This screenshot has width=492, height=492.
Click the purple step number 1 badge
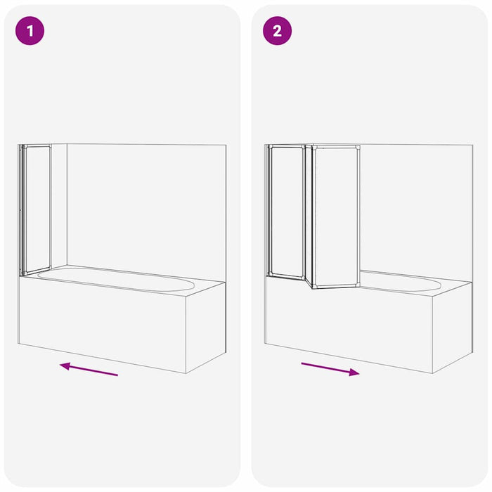(30, 31)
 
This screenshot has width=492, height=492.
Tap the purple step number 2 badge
(277, 31)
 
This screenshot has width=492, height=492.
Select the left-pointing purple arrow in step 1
(89, 369)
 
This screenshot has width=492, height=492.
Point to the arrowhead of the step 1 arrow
(64, 365)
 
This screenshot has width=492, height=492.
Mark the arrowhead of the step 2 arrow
(355, 373)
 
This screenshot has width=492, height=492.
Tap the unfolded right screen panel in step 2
(337, 216)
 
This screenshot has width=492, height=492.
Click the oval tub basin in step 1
(116, 278)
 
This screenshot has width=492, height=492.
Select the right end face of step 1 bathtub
(206, 327)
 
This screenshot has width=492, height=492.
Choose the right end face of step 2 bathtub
(452, 327)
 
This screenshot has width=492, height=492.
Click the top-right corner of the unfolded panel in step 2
(358, 147)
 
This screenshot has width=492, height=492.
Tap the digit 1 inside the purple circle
(30, 31)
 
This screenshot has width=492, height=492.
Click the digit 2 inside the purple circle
(277, 31)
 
